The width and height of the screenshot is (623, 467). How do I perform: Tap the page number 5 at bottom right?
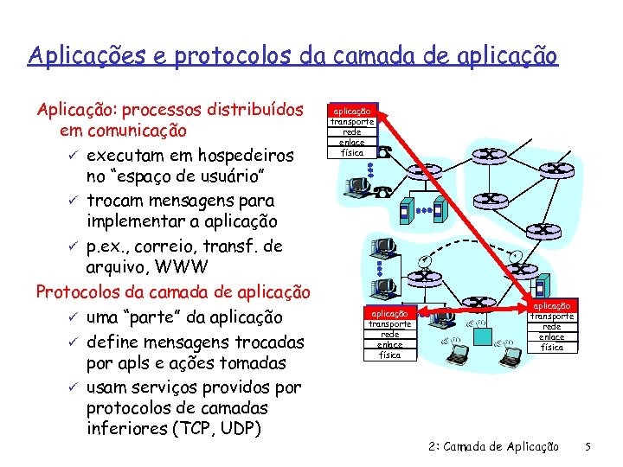[x=588, y=447]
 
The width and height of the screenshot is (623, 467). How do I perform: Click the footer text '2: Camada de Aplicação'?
[x=493, y=447]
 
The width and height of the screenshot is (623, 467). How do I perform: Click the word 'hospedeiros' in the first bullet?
[x=245, y=156]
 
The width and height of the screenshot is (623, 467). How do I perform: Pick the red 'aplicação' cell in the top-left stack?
[x=352, y=112]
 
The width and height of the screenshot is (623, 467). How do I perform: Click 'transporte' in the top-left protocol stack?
[x=352, y=122]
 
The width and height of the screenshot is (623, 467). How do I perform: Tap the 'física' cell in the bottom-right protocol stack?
[x=552, y=348]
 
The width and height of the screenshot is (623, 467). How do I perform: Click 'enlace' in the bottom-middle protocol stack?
[x=390, y=345]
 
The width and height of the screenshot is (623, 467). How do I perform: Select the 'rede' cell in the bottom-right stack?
[x=552, y=327]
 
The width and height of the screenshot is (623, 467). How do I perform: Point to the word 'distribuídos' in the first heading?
[x=258, y=111]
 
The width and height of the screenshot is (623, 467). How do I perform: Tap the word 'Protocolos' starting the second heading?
[x=75, y=291]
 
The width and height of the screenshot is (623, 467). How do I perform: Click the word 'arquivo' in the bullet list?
[x=119, y=268]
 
